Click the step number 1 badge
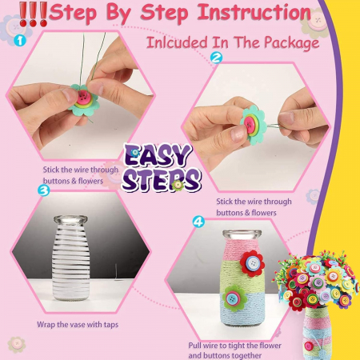(x=20, y=41)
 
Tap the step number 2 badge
(x=216, y=58)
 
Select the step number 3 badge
(x=44, y=190)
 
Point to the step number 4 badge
(x=198, y=222)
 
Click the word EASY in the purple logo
(x=158, y=155)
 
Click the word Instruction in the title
(x=254, y=13)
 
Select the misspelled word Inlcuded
(x=177, y=42)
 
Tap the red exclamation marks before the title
(x=33, y=14)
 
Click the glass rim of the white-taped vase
(x=70, y=219)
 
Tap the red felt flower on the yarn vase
(x=252, y=263)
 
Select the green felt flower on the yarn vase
(x=234, y=298)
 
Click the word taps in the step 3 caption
(x=111, y=325)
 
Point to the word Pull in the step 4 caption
(x=195, y=346)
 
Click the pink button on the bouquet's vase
(x=309, y=346)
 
